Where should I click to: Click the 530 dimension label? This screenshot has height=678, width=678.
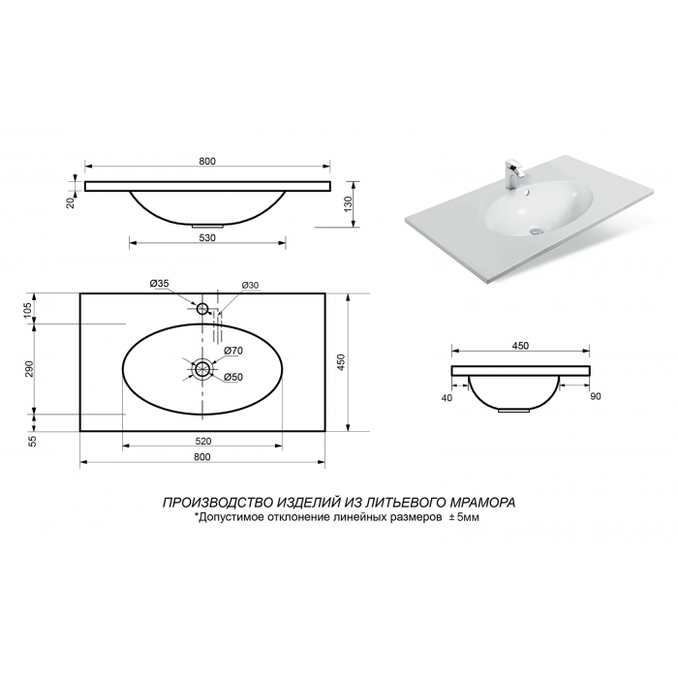click(207, 238)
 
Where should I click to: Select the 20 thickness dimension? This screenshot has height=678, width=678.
click(71, 202)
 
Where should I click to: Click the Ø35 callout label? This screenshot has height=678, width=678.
click(159, 284)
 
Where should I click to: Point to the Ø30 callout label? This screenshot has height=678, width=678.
click(250, 286)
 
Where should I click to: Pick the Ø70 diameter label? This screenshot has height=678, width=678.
click(233, 351)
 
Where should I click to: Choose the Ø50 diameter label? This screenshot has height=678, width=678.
click(233, 378)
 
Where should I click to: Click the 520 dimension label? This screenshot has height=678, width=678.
click(203, 441)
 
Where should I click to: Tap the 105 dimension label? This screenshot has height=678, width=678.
click(28, 311)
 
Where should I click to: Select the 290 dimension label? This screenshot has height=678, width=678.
click(29, 369)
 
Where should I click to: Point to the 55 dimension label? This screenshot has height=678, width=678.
click(33, 441)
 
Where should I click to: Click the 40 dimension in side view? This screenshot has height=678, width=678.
click(447, 397)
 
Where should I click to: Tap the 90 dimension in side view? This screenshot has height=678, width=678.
click(596, 396)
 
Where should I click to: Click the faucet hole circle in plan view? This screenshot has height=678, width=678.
click(202, 309)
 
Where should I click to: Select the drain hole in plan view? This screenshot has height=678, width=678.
click(201, 369)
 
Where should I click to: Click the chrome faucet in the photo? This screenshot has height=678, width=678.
click(513, 174)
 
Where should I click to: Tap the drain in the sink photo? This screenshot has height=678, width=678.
click(536, 231)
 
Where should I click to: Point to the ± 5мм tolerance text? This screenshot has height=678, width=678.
click(464, 517)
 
